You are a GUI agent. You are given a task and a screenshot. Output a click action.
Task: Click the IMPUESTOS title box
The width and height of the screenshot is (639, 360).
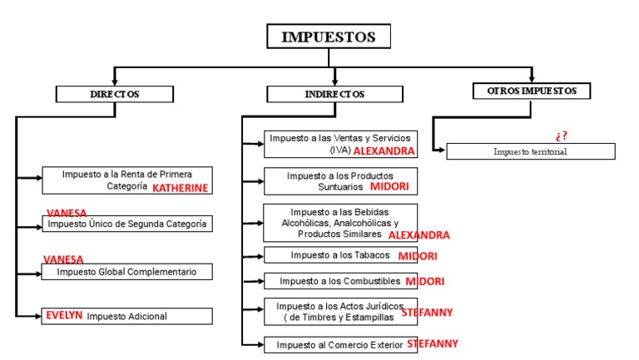328,37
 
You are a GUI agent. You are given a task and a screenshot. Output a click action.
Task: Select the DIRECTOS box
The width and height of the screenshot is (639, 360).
115,94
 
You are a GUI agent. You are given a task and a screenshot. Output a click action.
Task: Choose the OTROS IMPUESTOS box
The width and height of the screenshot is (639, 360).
531,91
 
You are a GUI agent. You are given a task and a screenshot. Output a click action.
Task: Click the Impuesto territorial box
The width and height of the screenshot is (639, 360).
530,151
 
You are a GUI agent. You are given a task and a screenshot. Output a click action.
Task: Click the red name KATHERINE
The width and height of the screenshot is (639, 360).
180,188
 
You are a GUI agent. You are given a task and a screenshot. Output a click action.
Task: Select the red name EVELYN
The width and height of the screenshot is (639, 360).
65,316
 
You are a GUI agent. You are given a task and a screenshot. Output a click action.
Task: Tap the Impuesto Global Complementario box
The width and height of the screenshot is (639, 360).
126,272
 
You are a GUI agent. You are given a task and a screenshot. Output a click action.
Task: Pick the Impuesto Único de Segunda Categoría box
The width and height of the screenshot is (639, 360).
126,224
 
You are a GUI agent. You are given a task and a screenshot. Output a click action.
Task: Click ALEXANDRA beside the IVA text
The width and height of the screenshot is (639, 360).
384,152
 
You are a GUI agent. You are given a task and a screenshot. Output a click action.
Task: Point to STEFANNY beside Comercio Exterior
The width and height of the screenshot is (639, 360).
432,343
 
